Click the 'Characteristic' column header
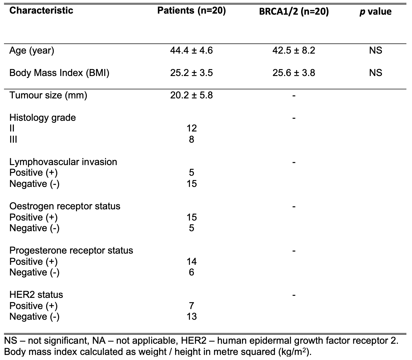(41, 10)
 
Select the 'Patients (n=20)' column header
(192, 10)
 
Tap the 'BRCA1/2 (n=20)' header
(294, 11)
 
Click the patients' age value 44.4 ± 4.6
(191, 50)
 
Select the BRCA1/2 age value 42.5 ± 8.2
(294, 50)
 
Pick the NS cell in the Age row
(375, 50)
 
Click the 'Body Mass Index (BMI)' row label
(59, 73)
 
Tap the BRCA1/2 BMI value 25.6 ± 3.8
(294, 73)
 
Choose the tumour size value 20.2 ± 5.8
(191, 95)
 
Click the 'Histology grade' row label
(42, 118)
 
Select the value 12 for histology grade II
(192, 128)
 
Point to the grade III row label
(13, 139)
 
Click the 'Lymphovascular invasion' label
(63, 162)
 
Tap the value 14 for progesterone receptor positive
(192, 262)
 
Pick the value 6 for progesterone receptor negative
(192, 272)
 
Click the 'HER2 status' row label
(36, 295)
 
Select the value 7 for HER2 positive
(192, 306)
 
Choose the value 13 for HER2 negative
(192, 317)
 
